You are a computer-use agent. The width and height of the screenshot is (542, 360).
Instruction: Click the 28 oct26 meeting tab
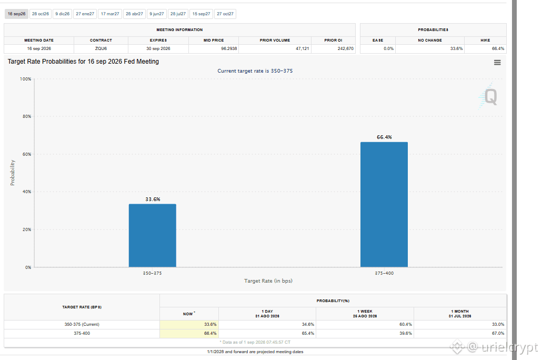41,14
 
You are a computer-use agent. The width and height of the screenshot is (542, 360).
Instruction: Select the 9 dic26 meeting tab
62,14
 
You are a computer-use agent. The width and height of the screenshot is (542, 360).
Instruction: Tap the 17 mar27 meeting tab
110,14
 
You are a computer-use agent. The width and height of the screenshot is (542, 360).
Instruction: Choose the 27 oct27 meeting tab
225,14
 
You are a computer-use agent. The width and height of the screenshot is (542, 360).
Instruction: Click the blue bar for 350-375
153,235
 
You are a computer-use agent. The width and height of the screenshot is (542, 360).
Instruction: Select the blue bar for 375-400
384,205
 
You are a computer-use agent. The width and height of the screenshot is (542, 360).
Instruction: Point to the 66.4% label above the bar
384,137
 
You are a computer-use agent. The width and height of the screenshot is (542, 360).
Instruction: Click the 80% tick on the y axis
27,116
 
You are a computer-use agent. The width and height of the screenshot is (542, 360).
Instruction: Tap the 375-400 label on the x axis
384,273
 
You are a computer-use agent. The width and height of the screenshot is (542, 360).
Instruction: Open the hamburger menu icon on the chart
497,63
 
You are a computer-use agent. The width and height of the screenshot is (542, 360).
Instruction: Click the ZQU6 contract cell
101,49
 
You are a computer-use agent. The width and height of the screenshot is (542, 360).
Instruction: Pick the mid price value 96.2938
229,49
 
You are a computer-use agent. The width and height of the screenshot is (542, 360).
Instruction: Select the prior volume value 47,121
303,49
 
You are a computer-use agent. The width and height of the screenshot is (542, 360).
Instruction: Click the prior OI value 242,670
346,49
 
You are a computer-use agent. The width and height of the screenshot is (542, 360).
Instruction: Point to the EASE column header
378,41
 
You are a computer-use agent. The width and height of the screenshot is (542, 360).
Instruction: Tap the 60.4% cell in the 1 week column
406,324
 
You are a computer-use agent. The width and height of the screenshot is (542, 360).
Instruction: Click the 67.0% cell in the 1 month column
498,333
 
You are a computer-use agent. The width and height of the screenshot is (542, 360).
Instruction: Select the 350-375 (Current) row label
82,324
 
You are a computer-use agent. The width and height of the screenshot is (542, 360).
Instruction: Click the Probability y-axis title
13,173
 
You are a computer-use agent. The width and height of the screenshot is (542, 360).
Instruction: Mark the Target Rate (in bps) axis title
268,281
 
